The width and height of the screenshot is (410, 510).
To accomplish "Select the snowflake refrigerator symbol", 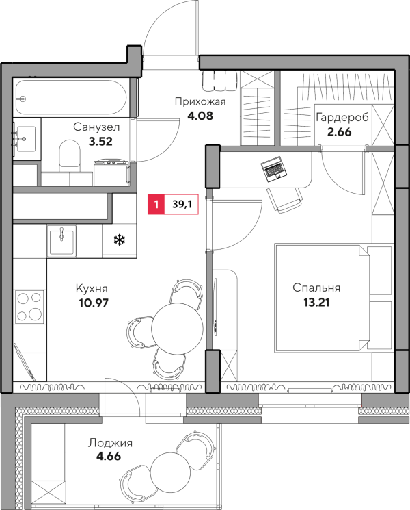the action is pyautogui.click(x=120, y=241).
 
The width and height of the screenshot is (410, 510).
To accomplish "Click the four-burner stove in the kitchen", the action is pyautogui.click(x=29, y=307).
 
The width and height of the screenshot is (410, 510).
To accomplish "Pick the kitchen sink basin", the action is pyautogui.click(x=61, y=240).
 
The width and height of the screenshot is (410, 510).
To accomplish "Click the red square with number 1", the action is pyautogui.click(x=156, y=204).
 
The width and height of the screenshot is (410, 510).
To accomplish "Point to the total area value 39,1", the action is pyautogui.click(x=182, y=204).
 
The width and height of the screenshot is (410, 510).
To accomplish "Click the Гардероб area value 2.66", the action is pyautogui.click(x=339, y=132).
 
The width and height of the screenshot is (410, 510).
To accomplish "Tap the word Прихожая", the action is pyautogui.click(x=200, y=102).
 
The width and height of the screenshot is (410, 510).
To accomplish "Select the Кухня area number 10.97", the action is pyautogui.click(x=94, y=303).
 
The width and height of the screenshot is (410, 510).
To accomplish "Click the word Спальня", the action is pyautogui.click(x=316, y=288).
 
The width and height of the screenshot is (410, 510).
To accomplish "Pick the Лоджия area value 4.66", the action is pyautogui.click(x=109, y=457).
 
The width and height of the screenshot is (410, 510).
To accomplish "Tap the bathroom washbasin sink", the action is pyautogui.click(x=25, y=139).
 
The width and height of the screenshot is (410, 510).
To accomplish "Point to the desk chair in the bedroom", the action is pyautogui.click(x=285, y=200).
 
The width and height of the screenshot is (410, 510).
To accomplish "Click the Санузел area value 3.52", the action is pyautogui.click(x=100, y=142).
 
